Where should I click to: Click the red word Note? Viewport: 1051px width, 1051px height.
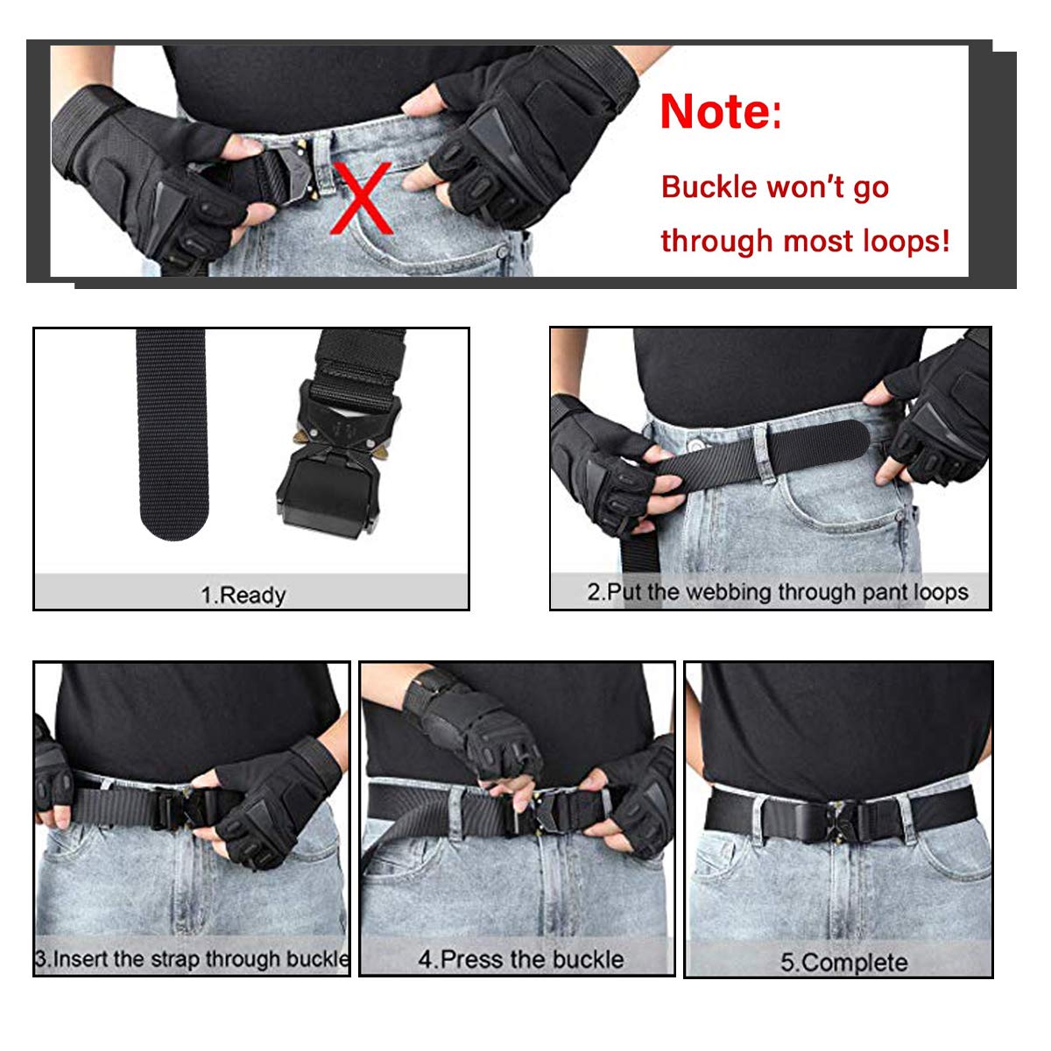pos(715,112)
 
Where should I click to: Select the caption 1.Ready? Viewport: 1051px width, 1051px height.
pos(243,596)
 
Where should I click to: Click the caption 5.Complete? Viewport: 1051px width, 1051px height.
pos(843,963)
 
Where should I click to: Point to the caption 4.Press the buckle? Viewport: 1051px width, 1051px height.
pos(520,959)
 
